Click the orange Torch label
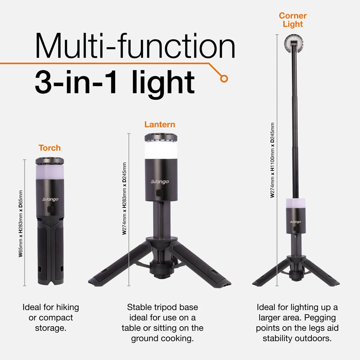click(50, 148)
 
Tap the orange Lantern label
click(160, 125)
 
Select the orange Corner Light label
click(293, 20)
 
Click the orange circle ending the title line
click(224, 78)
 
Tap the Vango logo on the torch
click(50, 199)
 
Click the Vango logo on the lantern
click(160, 182)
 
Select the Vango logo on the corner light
click(294, 222)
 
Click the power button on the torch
click(51, 209)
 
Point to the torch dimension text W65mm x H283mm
click(21, 223)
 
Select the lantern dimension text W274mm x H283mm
click(124, 198)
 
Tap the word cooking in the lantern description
click(179, 339)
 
